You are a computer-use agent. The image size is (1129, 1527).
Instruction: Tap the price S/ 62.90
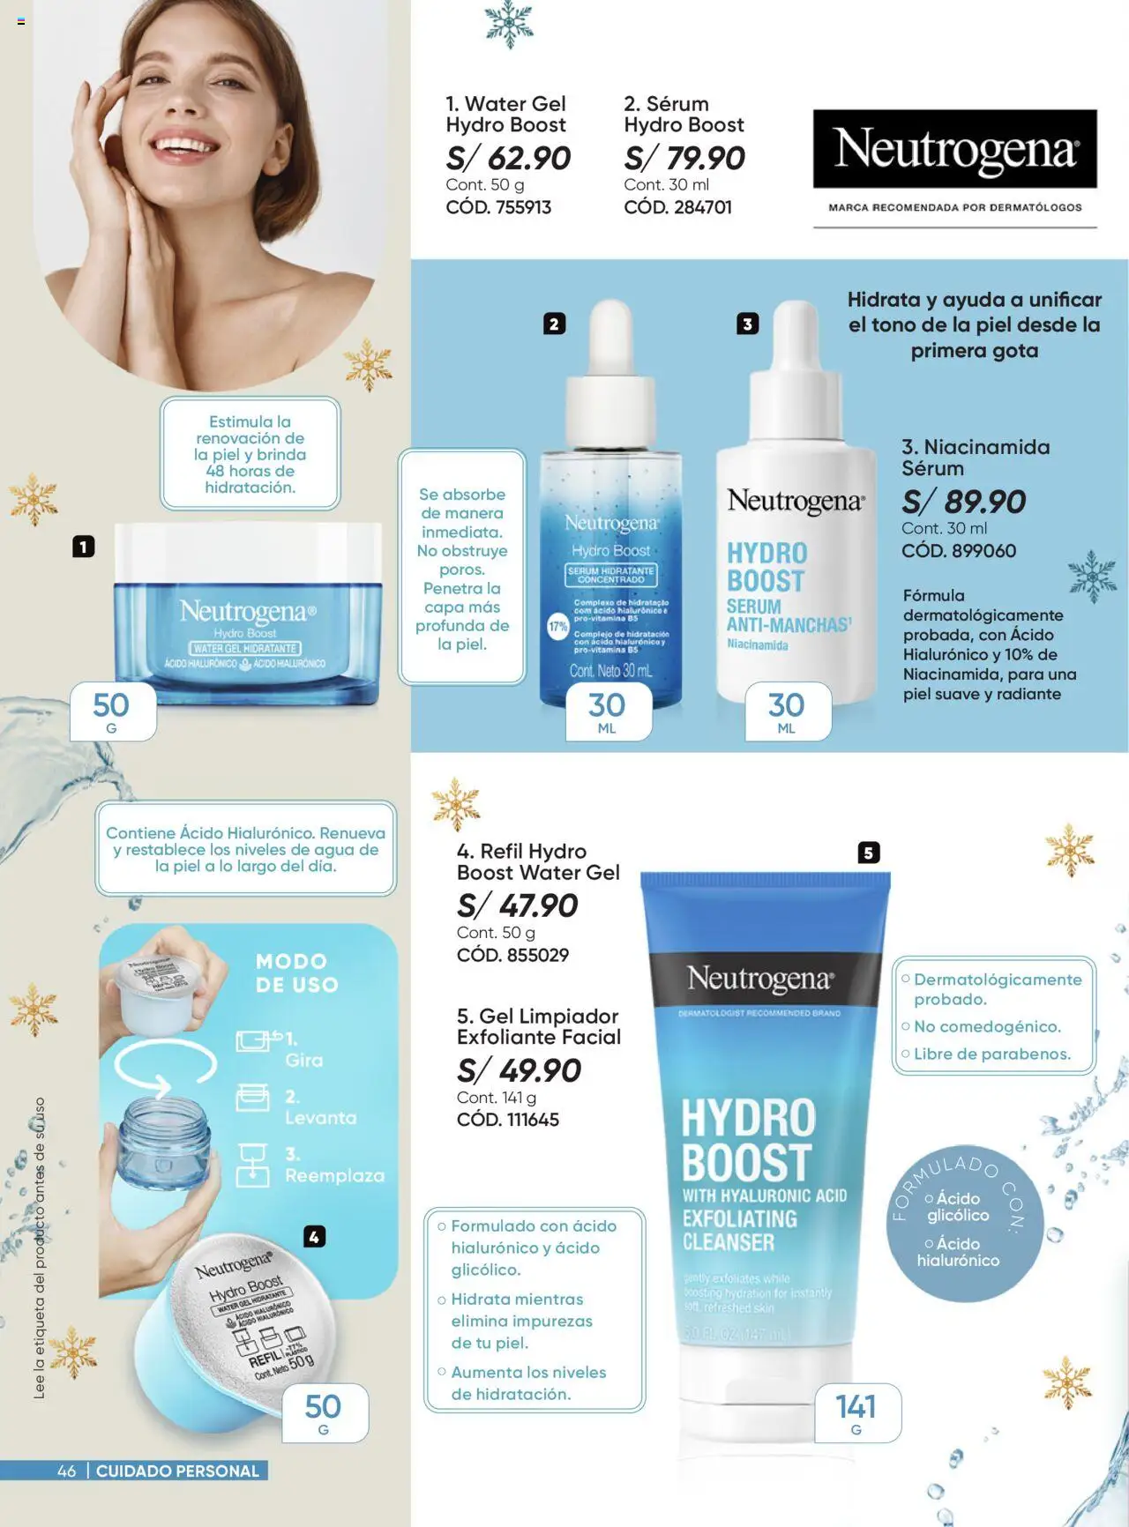tap(508, 159)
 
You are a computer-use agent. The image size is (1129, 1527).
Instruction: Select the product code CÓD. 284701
tap(677, 207)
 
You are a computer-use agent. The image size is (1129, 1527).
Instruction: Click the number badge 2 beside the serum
tap(554, 324)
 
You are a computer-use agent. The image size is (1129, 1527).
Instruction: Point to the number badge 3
tap(747, 324)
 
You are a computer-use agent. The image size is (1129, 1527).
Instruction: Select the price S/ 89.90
tap(963, 502)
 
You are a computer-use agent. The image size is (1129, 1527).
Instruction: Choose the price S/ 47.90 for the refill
tap(517, 905)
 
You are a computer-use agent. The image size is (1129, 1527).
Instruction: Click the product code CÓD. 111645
tap(508, 1120)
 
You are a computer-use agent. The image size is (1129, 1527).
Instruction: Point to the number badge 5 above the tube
tap(869, 853)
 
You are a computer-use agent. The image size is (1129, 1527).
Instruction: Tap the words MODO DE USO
tap(296, 972)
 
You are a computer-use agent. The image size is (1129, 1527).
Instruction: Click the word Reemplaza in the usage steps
tap(334, 1176)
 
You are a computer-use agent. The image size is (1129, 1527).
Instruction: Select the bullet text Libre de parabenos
tap(991, 1054)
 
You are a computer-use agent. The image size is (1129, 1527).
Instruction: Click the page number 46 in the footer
tap(66, 1471)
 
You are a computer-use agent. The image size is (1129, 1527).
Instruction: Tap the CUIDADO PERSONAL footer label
tap(177, 1471)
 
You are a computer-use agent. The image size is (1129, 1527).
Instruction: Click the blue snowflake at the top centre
tap(509, 25)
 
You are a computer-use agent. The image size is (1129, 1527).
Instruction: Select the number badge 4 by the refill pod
tap(314, 1237)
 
